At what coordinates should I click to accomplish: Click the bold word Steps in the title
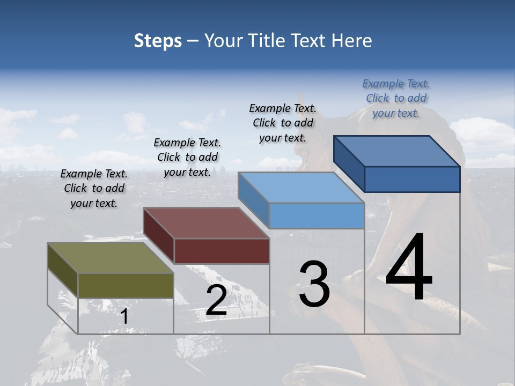pos(158,41)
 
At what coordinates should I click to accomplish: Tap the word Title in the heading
pos(268,41)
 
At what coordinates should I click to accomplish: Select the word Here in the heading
pos(352,41)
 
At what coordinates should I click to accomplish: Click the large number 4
pos(409,268)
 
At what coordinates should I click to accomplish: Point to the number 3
pos(314,284)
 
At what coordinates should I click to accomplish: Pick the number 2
pos(216,300)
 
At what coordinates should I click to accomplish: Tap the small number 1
pos(124,317)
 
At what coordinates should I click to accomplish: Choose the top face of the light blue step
pos(301,188)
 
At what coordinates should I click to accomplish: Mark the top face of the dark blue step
pos(396,151)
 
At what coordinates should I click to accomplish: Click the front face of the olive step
pos(126,285)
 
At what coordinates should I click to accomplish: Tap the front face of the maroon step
pos(222,251)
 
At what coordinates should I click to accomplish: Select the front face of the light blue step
pos(317,216)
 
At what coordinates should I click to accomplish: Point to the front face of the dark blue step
pos(412,179)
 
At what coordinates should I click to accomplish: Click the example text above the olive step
pos(94,189)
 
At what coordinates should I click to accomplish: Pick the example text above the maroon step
pos(187,158)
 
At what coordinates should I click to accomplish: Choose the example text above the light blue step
pos(283,123)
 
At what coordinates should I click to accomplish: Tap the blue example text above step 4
pos(396,98)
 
